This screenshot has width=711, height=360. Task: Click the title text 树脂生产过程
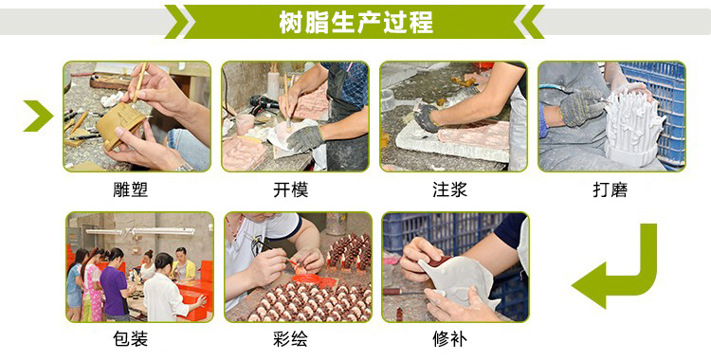(x=355, y=22)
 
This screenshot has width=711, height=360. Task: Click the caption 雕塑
(x=131, y=189)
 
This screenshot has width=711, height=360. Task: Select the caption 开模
(x=291, y=189)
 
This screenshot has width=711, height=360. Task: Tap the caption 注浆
(x=449, y=189)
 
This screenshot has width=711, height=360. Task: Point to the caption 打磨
(x=611, y=189)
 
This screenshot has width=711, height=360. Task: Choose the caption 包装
(x=131, y=339)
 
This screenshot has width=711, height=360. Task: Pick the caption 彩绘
(x=291, y=339)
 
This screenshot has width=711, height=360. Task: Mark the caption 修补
(x=449, y=339)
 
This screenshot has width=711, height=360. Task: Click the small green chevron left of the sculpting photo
(x=38, y=117)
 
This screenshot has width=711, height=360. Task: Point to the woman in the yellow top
(x=184, y=264)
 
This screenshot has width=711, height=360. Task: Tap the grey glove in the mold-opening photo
(x=305, y=137)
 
